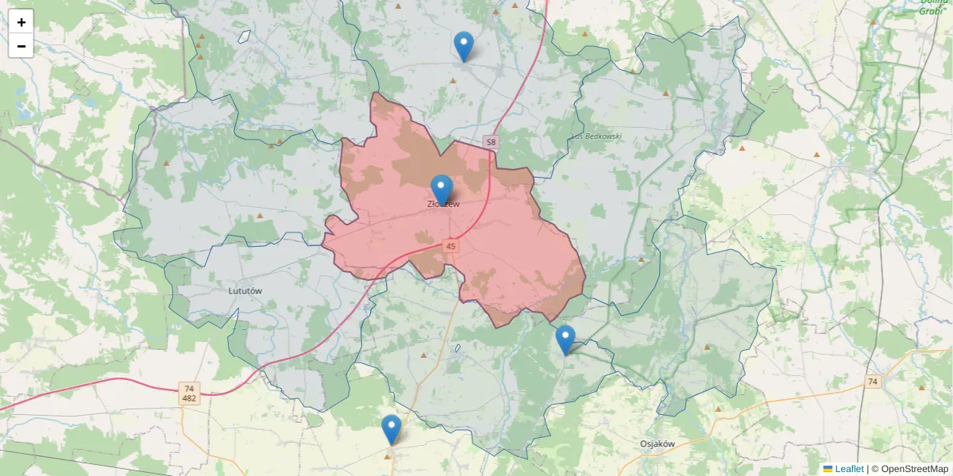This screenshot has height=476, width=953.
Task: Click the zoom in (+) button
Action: (x=21, y=22)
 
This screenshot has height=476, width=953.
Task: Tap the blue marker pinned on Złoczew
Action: (x=442, y=190)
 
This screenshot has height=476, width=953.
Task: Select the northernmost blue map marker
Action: (x=464, y=46)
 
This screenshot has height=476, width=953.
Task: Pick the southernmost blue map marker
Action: (x=391, y=429)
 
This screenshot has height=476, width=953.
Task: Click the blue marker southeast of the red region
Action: (x=565, y=340)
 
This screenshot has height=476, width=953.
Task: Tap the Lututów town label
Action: (x=245, y=291)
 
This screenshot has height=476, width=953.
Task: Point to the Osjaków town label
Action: (x=657, y=444)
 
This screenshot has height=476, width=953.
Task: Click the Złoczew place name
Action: (x=443, y=205)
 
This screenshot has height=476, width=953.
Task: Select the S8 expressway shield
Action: (x=492, y=142)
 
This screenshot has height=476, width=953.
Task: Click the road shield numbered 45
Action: (x=451, y=247)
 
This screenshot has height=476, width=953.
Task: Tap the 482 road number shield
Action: (x=189, y=398)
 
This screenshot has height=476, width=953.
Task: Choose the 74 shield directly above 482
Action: (x=189, y=388)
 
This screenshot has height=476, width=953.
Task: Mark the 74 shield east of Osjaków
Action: (x=873, y=382)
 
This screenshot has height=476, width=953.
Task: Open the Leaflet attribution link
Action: (x=849, y=469)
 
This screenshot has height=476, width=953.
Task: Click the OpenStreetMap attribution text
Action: (x=913, y=469)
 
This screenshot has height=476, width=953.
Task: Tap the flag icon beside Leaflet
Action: (x=828, y=469)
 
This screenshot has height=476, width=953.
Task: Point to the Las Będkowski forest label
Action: (x=597, y=136)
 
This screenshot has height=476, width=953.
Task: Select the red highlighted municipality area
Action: (x=508, y=262)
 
